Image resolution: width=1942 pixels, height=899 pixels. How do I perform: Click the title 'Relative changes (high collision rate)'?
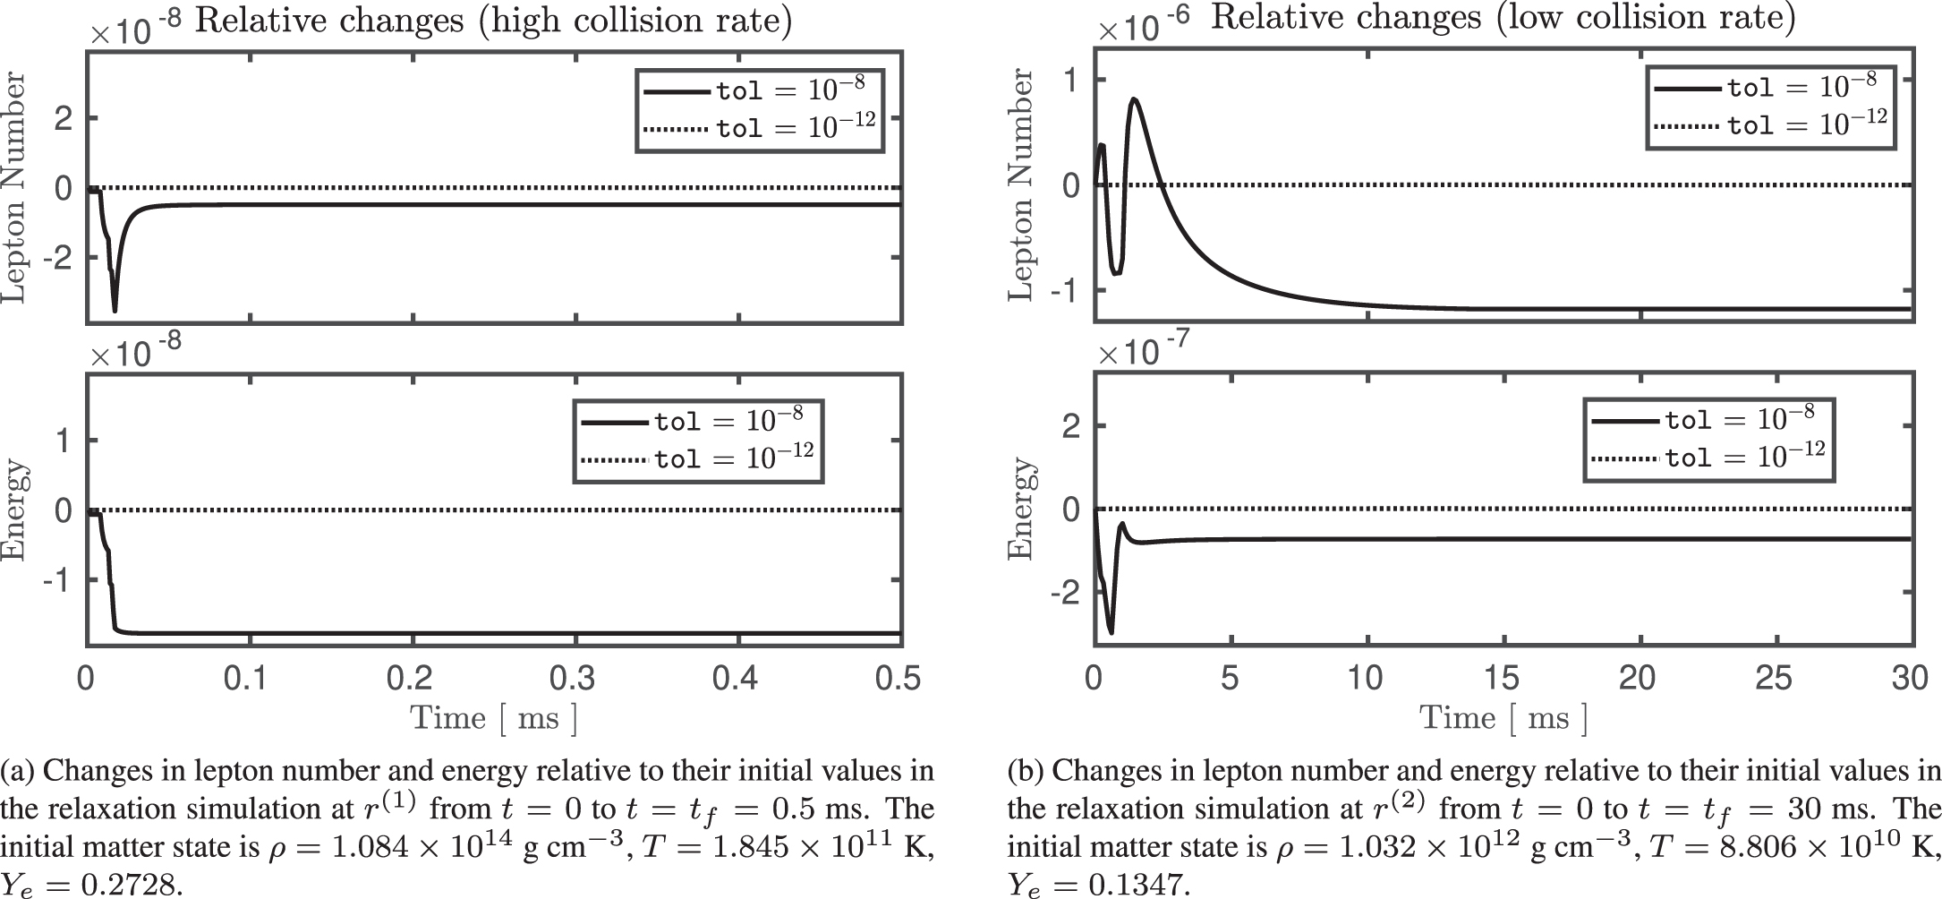pos(493,21)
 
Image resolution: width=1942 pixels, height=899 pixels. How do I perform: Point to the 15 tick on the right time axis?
pos(1502,678)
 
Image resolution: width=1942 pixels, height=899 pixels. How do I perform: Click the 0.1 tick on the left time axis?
pos(249,678)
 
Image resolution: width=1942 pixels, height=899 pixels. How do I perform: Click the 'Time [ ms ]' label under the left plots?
pos(493,718)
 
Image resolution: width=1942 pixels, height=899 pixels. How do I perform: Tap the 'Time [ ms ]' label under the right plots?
pos(1503,718)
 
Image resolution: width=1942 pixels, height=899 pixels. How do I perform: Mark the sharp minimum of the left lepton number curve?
pos(115,311)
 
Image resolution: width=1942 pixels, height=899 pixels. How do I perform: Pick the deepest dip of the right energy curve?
pos(1111,632)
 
